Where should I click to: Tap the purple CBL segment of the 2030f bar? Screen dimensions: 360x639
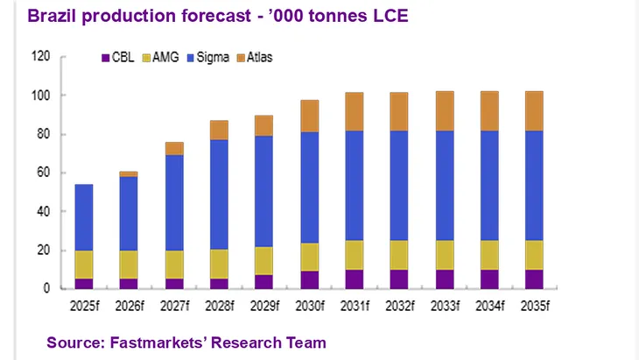[x=310, y=279]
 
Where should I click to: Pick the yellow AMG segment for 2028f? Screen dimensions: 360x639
[x=219, y=264]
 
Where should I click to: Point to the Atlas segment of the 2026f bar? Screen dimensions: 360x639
[x=129, y=173]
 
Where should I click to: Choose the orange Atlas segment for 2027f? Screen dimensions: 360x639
[x=174, y=149]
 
